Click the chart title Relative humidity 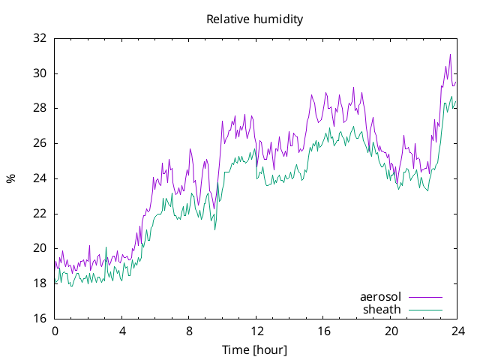point(255,19)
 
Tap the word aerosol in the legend point(380,297)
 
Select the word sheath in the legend point(382,310)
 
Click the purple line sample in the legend point(425,297)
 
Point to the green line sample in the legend point(425,310)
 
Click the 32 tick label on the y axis point(40,38)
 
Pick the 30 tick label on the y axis point(40,73)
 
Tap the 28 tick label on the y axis point(40,108)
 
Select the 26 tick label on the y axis point(40,143)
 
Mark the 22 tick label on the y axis point(40,213)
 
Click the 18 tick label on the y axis point(40,283)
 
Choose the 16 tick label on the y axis point(40,318)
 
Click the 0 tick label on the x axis point(55,331)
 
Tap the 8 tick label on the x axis point(189,331)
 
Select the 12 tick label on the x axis point(256,331)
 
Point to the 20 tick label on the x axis point(391,331)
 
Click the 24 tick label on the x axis point(458,331)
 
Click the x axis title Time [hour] point(255,350)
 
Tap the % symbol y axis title point(10,178)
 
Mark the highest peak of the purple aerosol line point(450,55)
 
